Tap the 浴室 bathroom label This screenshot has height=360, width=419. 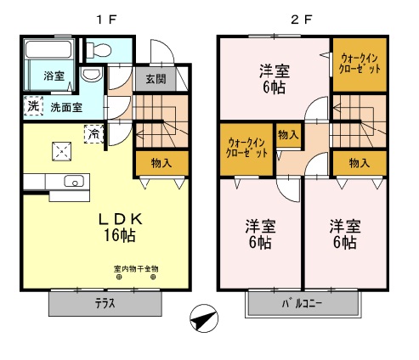54,76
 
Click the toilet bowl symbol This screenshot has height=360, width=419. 93,76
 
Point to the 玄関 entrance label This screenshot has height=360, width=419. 155,80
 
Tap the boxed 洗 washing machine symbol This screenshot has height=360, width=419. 32,107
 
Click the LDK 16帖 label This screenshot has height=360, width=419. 125,226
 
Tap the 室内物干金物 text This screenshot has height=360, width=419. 135,269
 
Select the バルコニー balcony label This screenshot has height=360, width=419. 302,304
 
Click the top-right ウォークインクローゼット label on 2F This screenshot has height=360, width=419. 360,62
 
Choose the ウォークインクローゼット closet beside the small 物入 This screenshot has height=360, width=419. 248,148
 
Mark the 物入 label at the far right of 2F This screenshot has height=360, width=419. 360,162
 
